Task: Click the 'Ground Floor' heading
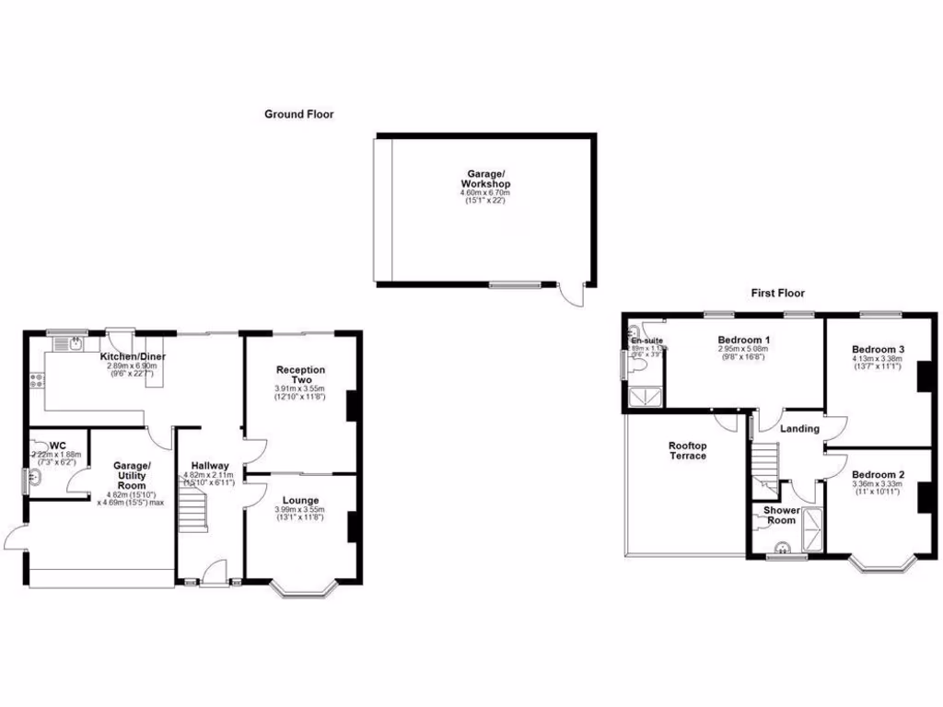tap(298, 114)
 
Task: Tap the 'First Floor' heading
tap(777, 293)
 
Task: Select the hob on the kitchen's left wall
tap(37, 379)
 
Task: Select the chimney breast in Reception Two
tap(351, 406)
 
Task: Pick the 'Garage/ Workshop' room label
tap(485, 179)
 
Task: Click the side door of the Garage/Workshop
tap(574, 296)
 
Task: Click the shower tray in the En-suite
tap(644, 396)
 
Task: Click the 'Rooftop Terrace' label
tap(687, 449)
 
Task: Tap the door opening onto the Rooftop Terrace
tap(730, 419)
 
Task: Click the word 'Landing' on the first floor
tap(799, 428)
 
